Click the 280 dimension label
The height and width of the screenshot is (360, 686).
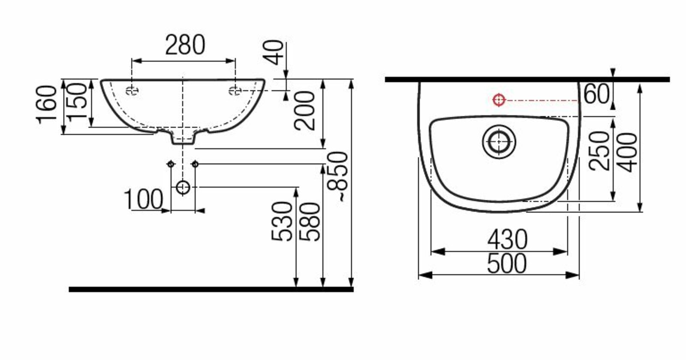[x=185, y=45]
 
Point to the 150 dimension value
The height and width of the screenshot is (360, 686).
[x=77, y=102]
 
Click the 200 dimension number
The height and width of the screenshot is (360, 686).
[x=304, y=111]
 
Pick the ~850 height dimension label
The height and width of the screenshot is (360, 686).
[x=337, y=177]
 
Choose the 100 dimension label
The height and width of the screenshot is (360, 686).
[x=143, y=199]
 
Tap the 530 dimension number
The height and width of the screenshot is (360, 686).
[x=282, y=221]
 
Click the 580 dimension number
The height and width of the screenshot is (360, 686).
[x=310, y=222]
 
